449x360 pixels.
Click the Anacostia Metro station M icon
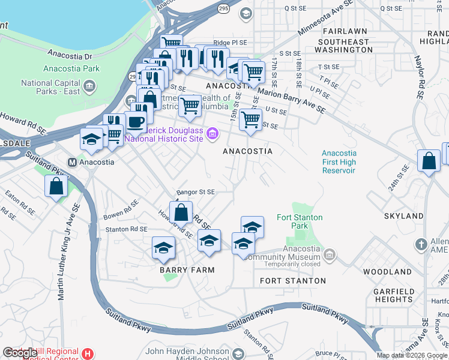click(72, 161)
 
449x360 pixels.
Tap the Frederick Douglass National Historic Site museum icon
click(212, 133)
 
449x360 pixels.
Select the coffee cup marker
click(136, 122)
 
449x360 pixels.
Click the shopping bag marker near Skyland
click(429, 161)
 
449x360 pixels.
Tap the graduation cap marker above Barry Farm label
click(163, 248)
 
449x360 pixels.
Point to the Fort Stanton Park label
click(300, 221)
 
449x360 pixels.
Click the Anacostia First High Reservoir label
click(339, 162)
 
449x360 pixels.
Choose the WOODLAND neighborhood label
click(387, 272)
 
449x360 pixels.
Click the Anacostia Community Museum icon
click(329, 256)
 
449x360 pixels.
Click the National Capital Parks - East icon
click(89, 87)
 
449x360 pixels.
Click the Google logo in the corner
click(20, 353)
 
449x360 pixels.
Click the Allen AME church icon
click(421, 245)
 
